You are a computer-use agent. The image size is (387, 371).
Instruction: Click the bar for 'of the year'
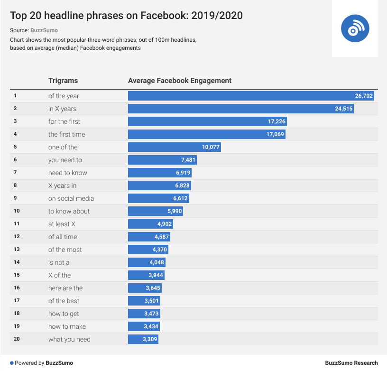237,96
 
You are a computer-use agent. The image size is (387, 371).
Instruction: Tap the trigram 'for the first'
64,121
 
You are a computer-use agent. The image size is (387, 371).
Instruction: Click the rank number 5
15,147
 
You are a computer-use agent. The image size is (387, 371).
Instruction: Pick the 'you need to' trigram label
65,160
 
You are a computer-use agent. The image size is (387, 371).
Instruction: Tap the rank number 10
16,211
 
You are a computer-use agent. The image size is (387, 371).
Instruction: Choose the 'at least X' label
62,224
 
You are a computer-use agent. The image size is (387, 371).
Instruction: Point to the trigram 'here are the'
65,288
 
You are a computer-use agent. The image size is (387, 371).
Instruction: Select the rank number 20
16,339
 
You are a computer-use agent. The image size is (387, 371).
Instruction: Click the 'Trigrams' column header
63,81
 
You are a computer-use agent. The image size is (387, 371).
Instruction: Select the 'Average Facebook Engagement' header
180,81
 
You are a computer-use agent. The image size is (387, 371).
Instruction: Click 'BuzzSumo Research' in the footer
351,363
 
